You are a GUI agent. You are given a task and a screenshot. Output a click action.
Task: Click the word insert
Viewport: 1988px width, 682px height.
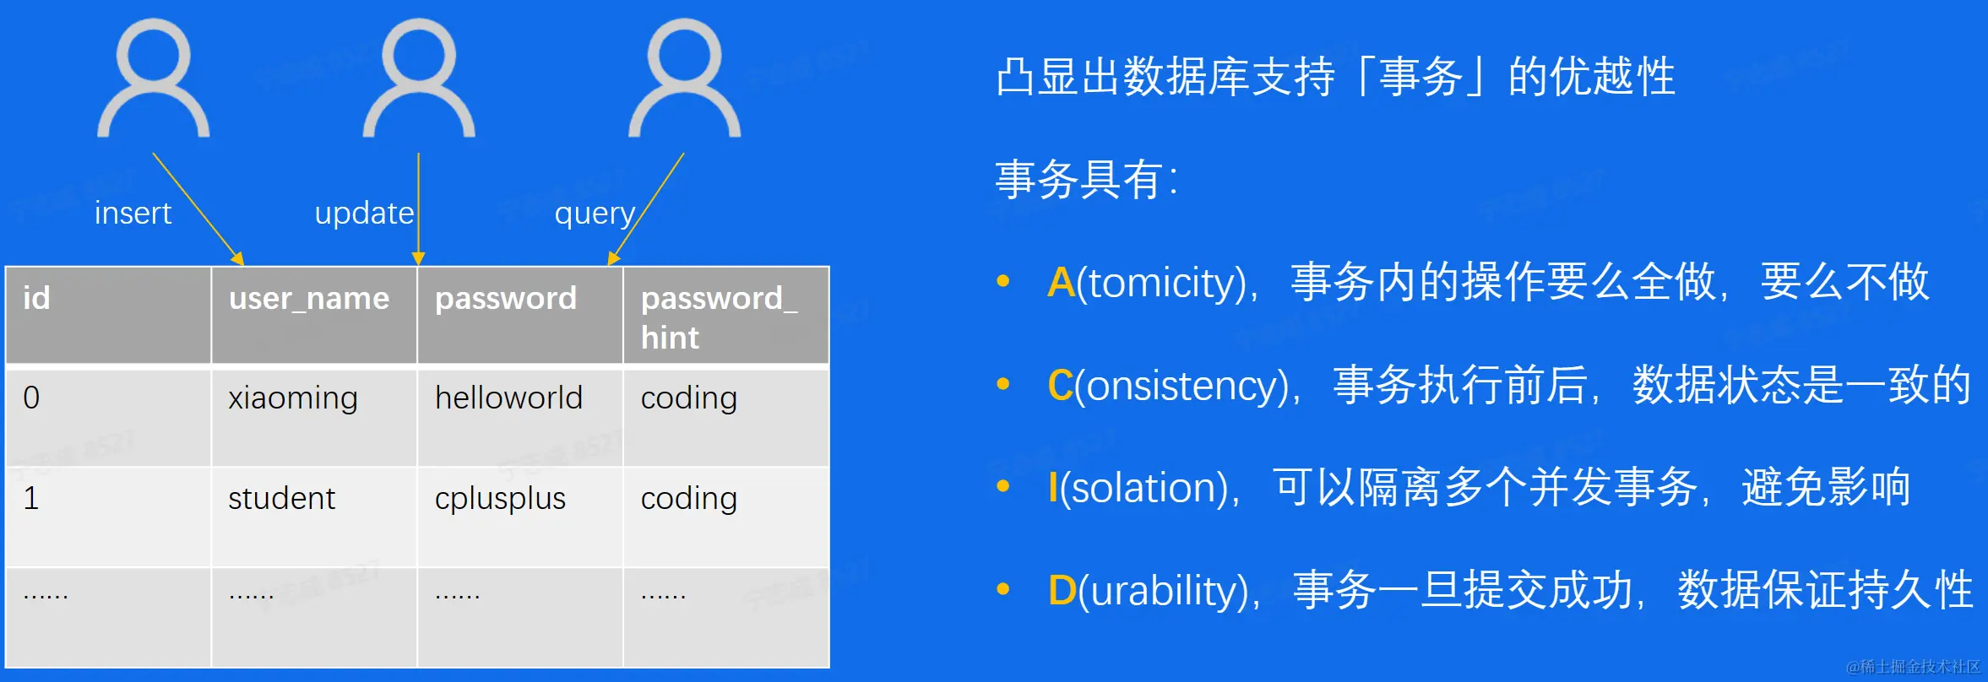click(133, 213)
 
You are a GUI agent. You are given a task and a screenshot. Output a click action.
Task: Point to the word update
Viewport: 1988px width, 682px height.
click(364, 214)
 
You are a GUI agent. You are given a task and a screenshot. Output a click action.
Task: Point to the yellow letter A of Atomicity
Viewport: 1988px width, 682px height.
click(1061, 283)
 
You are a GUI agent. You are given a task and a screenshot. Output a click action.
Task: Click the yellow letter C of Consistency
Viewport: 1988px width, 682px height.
click(1060, 386)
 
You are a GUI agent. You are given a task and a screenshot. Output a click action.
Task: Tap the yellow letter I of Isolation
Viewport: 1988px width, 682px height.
click(1053, 488)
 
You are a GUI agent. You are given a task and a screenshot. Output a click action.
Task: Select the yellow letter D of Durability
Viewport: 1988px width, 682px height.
click(1062, 591)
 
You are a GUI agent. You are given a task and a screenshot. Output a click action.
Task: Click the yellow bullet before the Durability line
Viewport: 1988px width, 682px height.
click(1003, 589)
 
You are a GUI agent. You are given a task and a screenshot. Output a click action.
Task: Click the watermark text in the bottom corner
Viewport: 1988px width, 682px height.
click(1913, 667)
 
